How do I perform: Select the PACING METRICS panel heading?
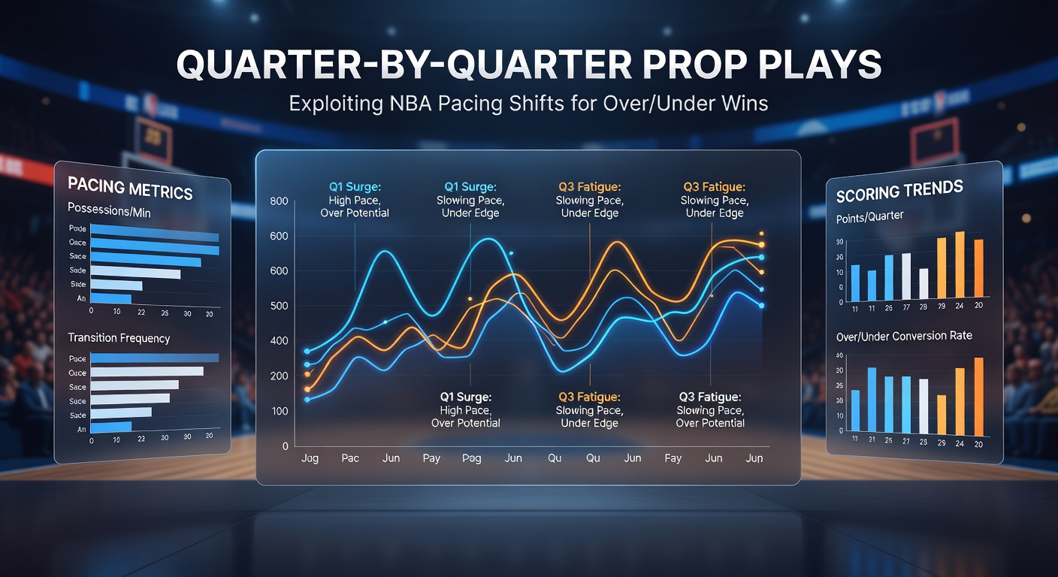(x=130, y=187)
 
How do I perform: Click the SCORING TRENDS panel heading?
(x=899, y=191)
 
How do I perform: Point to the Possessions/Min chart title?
(x=109, y=212)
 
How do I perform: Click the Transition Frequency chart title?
(x=119, y=338)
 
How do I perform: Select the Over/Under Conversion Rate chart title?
(x=904, y=336)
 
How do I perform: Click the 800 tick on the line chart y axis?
(x=280, y=201)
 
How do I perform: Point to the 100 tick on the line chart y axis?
(x=280, y=411)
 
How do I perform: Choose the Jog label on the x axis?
(x=310, y=458)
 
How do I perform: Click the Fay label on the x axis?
(x=673, y=458)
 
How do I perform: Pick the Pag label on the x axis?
(x=472, y=458)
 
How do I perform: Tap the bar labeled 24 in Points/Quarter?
(x=960, y=264)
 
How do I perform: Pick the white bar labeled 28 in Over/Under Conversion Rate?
(x=923, y=406)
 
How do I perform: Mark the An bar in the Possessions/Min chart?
(x=110, y=299)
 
